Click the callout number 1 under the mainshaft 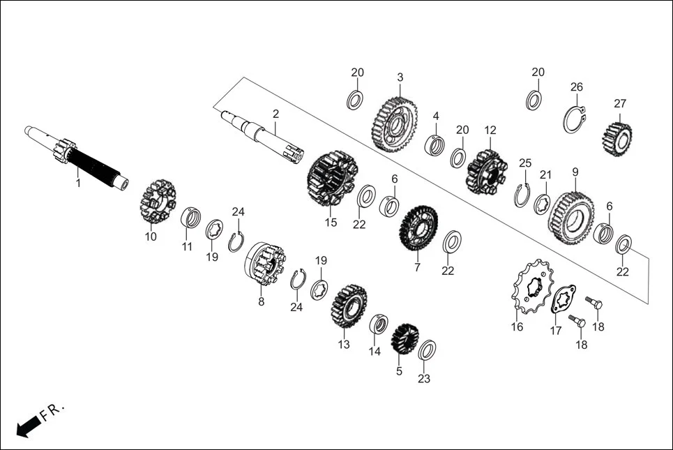tap(78, 183)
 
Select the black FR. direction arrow tap(27, 425)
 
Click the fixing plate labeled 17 tap(561, 299)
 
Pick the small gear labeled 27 tap(617, 138)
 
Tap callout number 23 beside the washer tap(424, 379)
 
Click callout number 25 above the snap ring tap(525, 163)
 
